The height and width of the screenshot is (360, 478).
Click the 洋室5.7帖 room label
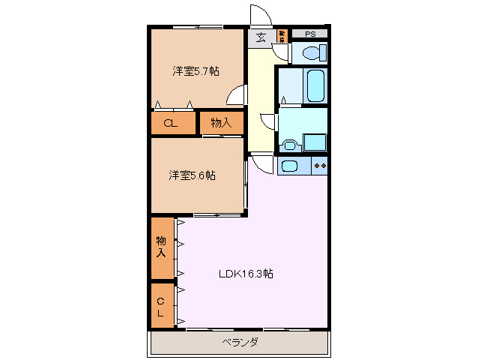tap(196, 72)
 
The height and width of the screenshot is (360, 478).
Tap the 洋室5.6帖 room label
tap(193, 175)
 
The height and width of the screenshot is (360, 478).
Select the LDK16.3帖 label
tap(246, 274)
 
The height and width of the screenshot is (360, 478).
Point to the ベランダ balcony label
tap(240, 343)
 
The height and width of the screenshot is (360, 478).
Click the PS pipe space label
tap(309, 34)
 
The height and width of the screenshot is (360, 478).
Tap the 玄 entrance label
tap(261, 37)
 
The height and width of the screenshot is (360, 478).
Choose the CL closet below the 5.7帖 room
tap(171, 124)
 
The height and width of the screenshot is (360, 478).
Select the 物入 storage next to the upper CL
tap(222, 123)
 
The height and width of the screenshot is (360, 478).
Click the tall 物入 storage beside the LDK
tap(161, 247)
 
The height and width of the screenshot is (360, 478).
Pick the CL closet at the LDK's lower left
tap(160, 307)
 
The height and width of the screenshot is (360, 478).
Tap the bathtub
tap(315, 85)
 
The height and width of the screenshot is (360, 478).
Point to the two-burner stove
tap(320, 166)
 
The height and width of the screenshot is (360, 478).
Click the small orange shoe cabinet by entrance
tap(282, 34)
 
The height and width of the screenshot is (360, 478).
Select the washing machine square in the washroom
tap(314, 142)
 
